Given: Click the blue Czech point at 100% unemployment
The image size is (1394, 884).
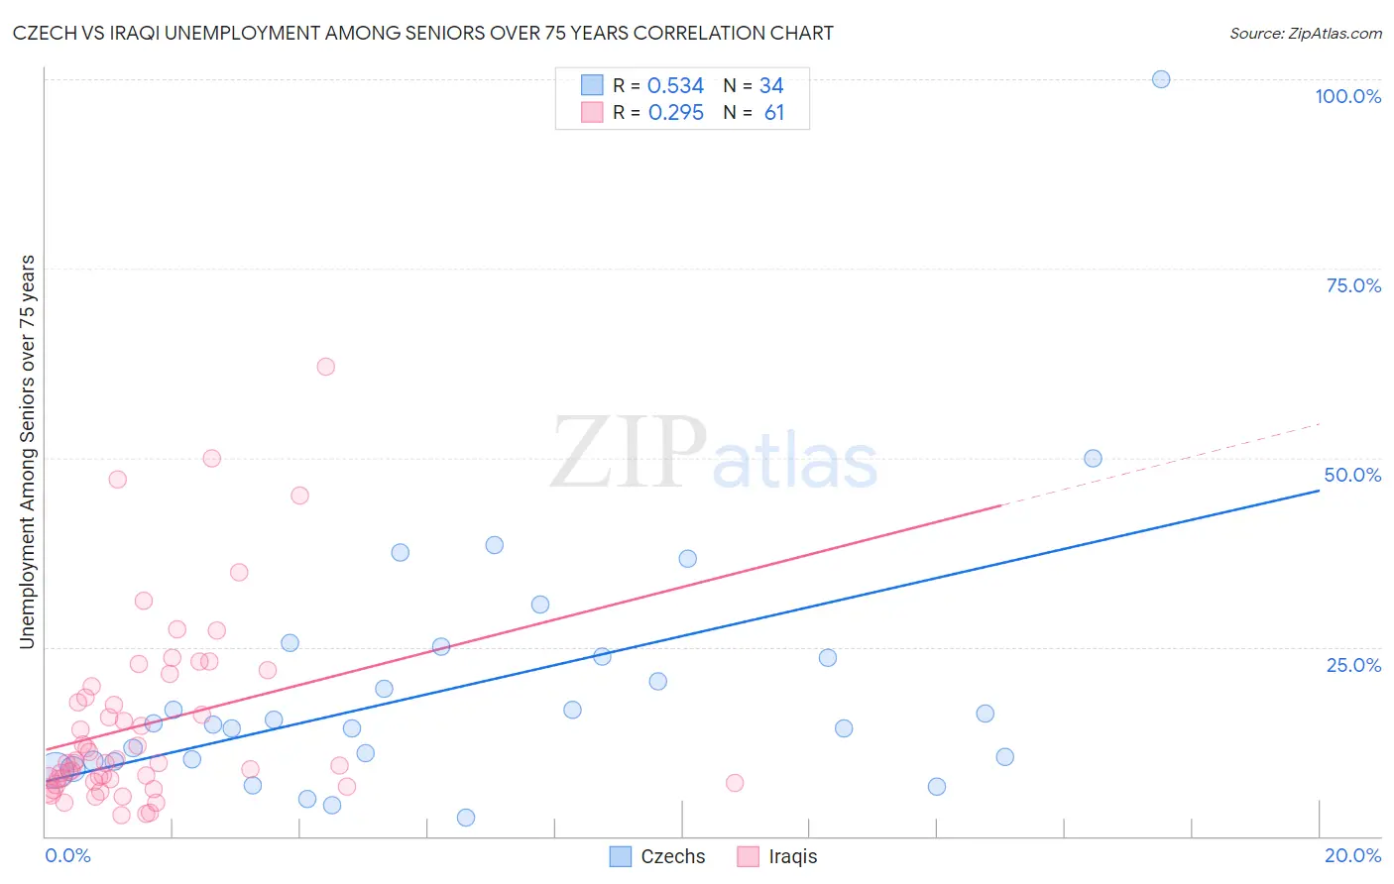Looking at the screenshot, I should pyautogui.click(x=1161, y=79).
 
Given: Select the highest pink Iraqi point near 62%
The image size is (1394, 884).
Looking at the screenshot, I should pyautogui.click(x=325, y=367).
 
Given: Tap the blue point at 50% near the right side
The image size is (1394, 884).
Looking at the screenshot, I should pyautogui.click(x=1093, y=458).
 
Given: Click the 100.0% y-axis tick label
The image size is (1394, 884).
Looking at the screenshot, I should pyautogui.click(x=1347, y=96).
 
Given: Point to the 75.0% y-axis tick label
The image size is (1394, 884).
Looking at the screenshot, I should pyautogui.click(x=1353, y=285).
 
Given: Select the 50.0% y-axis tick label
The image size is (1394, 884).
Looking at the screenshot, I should pyautogui.click(x=1352, y=475).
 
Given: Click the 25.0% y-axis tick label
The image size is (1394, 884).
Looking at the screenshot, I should pyautogui.click(x=1353, y=664).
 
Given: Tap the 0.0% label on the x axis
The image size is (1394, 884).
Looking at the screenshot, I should pyautogui.click(x=67, y=855).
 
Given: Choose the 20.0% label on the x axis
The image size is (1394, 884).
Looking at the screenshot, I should pyautogui.click(x=1352, y=855).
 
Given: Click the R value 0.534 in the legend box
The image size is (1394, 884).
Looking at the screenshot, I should pyautogui.click(x=675, y=86).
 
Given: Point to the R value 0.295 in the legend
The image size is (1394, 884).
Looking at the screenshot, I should pyautogui.click(x=675, y=113).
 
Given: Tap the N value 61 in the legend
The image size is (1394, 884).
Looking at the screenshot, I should pyautogui.click(x=774, y=113).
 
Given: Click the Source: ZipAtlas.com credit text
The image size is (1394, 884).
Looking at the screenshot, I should pyautogui.click(x=1305, y=34).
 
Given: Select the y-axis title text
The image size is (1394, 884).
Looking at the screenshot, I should pyautogui.click(x=27, y=452).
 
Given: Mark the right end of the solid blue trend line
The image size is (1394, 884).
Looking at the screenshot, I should pyautogui.click(x=1319, y=490).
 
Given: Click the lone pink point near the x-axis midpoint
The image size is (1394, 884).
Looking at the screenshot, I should pyautogui.click(x=735, y=783).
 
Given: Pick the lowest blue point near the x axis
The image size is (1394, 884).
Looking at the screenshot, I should pyautogui.click(x=466, y=818).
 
